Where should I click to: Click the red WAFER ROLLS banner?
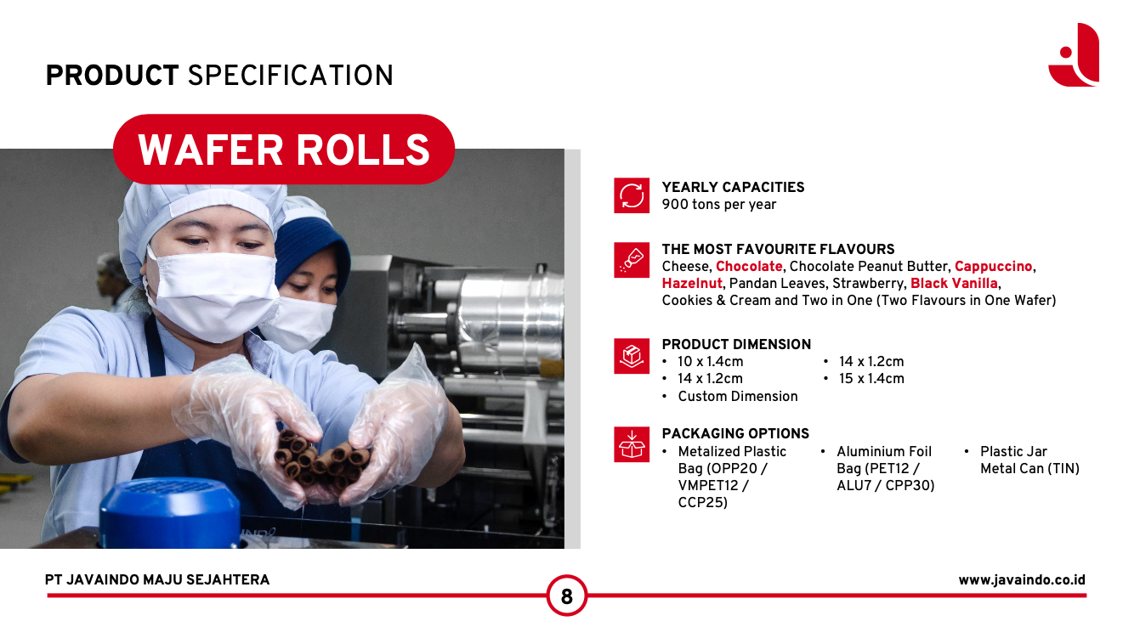[x=284, y=150]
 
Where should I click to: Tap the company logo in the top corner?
[x=1074, y=55]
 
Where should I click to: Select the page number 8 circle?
[x=566, y=596]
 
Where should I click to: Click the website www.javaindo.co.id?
[x=1022, y=580]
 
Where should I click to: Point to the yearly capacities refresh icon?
[x=632, y=195]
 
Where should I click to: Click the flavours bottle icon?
[x=632, y=260]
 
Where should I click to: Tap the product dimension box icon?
[x=632, y=356]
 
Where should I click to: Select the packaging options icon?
[x=632, y=444]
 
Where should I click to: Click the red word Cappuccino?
[x=993, y=267]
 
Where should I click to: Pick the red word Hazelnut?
[x=692, y=283]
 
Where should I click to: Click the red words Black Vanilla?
[x=954, y=283]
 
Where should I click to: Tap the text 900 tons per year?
[x=718, y=205]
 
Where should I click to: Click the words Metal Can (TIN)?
[x=1029, y=469]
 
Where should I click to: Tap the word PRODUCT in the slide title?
[x=112, y=76]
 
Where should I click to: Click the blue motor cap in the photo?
[x=169, y=511]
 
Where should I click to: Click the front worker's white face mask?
[x=214, y=295]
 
